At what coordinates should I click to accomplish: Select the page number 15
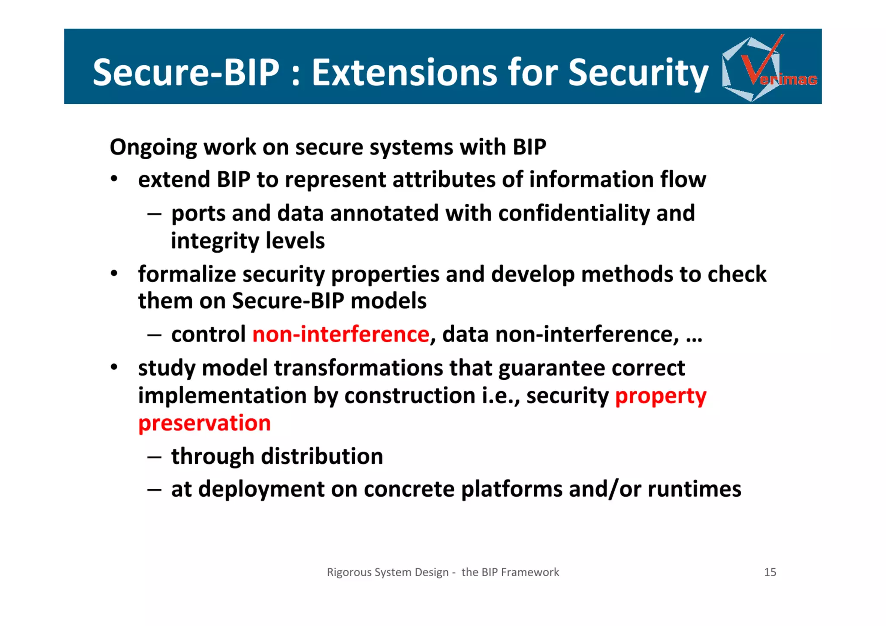(770, 572)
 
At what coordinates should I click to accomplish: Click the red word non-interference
(341, 334)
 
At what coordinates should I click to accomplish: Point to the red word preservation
(204, 423)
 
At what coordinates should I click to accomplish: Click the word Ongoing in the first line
(153, 148)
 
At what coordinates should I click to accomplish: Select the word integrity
(215, 241)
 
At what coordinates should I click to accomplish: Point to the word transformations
(358, 368)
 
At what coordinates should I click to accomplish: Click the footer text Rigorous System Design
(388, 572)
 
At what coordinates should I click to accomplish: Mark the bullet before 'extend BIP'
(114, 179)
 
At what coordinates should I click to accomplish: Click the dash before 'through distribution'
(154, 457)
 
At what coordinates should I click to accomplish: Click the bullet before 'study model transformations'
(114, 367)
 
